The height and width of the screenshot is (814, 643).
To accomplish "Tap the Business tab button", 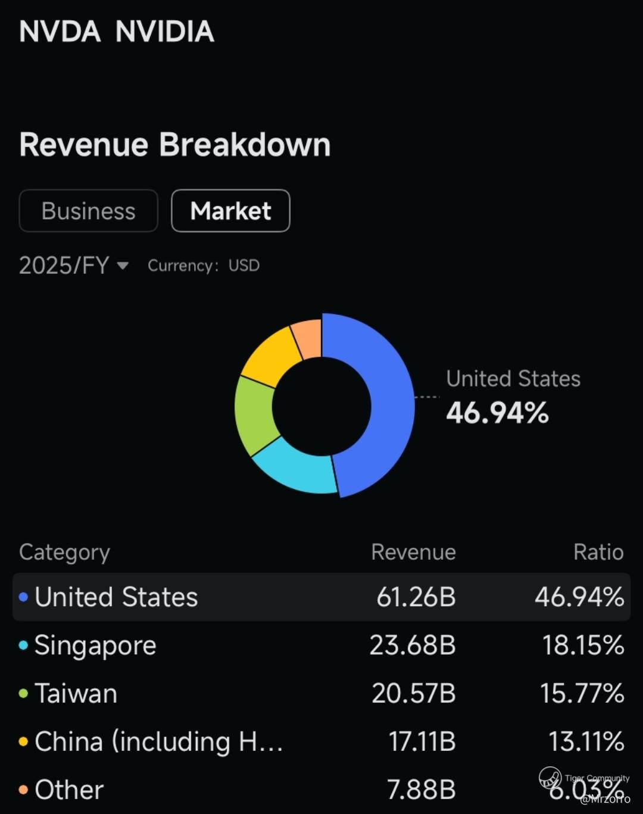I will tap(88, 211).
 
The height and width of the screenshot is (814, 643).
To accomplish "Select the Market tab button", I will tap(230, 211).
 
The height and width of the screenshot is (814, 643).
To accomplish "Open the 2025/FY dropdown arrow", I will tap(123, 266).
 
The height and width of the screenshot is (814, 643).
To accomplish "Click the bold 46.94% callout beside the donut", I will tap(497, 413).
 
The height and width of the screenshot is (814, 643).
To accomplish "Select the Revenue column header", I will tap(413, 552).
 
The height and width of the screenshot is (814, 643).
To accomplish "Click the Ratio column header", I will tap(598, 552).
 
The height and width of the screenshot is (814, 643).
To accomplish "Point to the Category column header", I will tap(64, 552).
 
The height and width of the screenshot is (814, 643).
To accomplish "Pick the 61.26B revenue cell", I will tap(416, 597).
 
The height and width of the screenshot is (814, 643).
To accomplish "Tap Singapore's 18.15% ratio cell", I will tap(582, 645).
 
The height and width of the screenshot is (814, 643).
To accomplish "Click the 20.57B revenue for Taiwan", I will tap(413, 693).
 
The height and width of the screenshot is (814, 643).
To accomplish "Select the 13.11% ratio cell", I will tap(586, 741).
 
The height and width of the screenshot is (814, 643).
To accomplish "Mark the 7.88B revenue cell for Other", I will tap(421, 790).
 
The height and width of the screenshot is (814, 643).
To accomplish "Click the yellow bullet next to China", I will tap(23, 742).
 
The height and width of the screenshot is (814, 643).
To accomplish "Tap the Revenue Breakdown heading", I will tap(174, 145).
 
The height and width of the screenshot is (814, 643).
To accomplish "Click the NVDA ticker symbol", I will tap(60, 32).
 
